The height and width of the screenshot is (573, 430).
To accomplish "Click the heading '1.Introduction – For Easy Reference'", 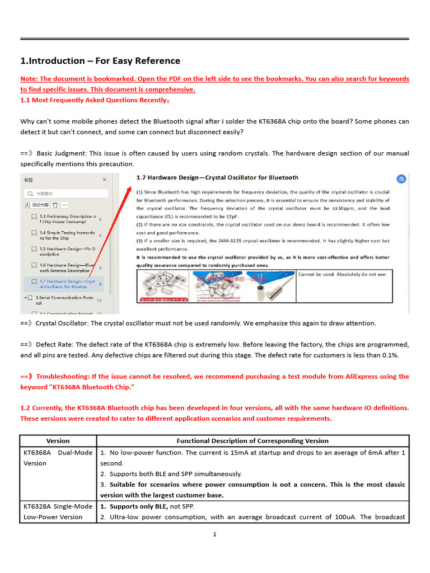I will tap(100, 61).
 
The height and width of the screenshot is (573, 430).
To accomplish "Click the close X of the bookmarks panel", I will tap(104, 180).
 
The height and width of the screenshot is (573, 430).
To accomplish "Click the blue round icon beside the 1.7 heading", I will tap(401, 179).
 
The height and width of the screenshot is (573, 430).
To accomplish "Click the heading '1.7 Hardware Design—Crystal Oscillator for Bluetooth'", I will tap(218, 177).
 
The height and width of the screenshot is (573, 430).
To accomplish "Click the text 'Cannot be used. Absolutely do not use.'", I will tap(342, 274).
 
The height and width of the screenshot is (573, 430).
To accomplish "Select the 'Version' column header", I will tap(58, 441).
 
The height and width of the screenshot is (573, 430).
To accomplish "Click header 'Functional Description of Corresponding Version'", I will tap(253, 441).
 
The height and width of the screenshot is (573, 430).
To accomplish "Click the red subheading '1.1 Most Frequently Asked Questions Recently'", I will tap(95, 100).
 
